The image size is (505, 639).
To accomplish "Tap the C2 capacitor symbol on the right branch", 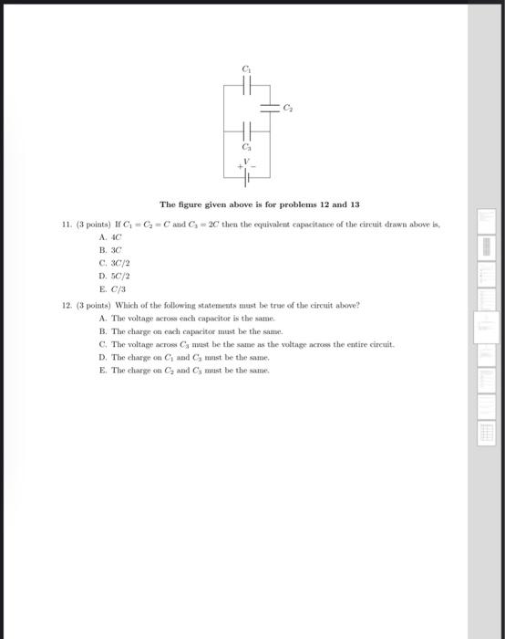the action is click(x=270, y=108).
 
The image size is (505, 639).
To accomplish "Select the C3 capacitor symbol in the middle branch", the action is click(x=246, y=132).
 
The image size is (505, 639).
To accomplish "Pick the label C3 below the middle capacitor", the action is click(x=245, y=147).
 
